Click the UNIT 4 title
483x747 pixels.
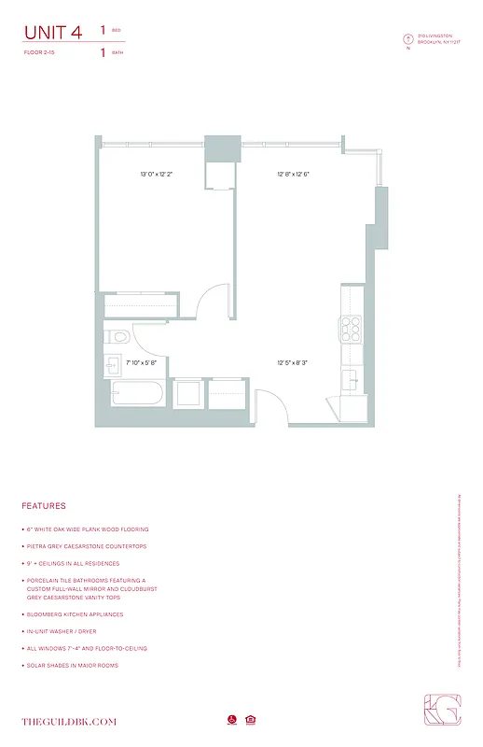(x=52, y=33)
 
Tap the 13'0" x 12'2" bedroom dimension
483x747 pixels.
(x=157, y=174)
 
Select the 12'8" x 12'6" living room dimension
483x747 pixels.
(x=293, y=174)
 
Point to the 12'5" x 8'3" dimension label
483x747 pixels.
(x=292, y=362)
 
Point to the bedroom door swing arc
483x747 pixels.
(x=214, y=301)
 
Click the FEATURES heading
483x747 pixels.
(x=43, y=506)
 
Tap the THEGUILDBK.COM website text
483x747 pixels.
(x=69, y=721)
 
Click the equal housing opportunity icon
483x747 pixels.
(x=251, y=720)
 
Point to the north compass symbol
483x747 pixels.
(x=407, y=39)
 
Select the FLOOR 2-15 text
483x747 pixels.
(x=40, y=53)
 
